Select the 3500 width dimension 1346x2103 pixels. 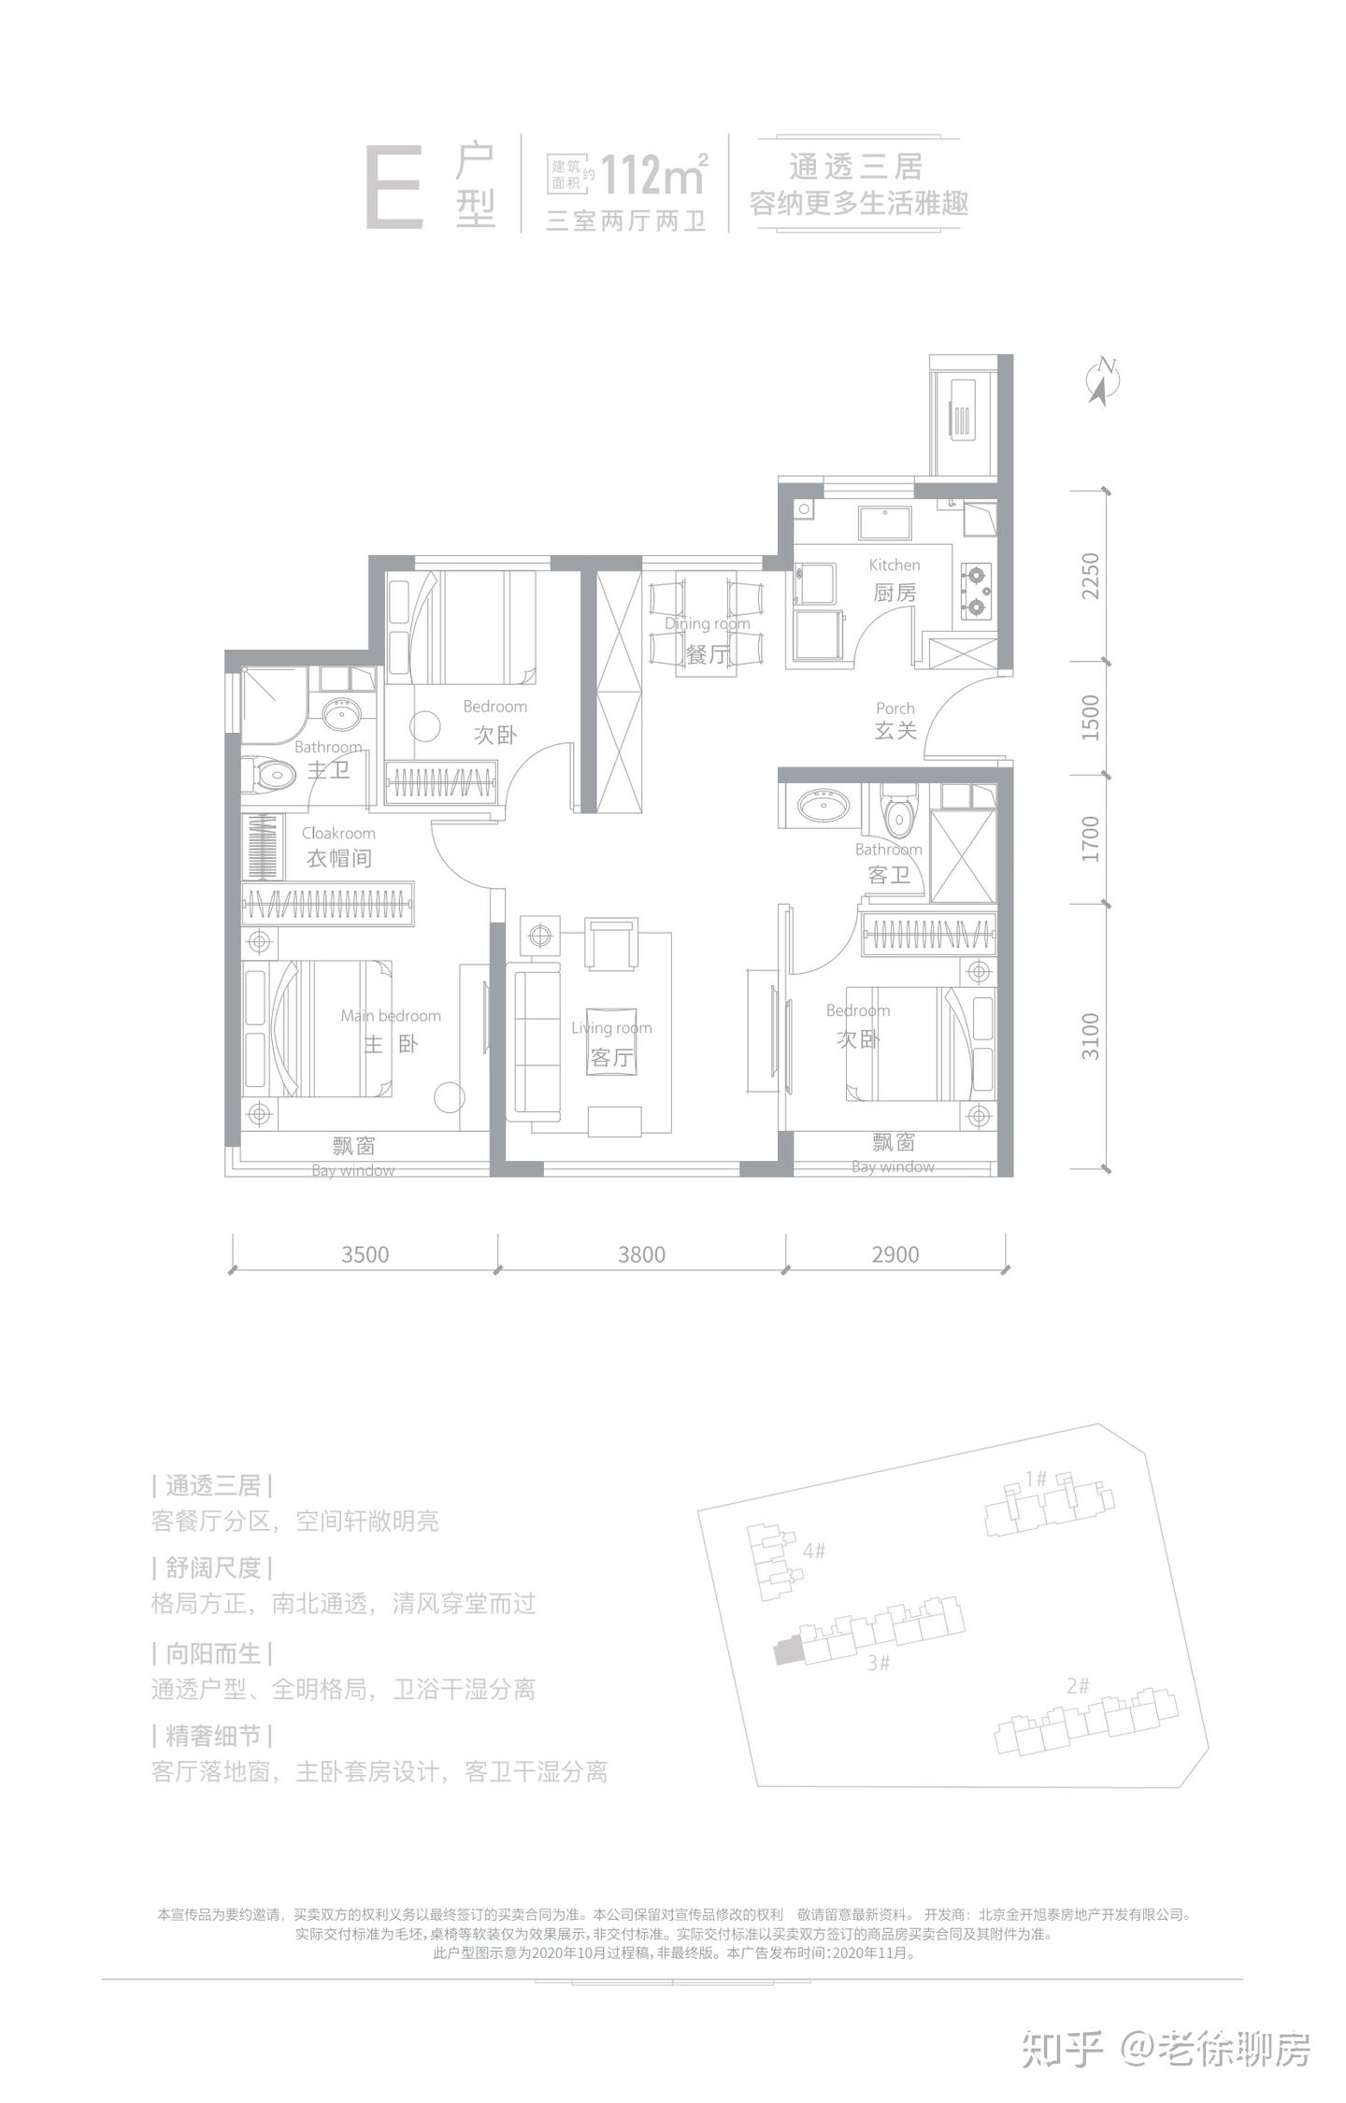tap(365, 1254)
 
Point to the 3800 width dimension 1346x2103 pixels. tap(641, 1254)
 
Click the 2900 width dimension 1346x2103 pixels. tap(895, 1254)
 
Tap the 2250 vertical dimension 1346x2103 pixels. tap(1091, 577)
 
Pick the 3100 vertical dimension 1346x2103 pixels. tap(1091, 1036)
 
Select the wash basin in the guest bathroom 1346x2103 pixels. tap(823, 804)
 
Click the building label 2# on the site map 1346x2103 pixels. tap(1078, 1686)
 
